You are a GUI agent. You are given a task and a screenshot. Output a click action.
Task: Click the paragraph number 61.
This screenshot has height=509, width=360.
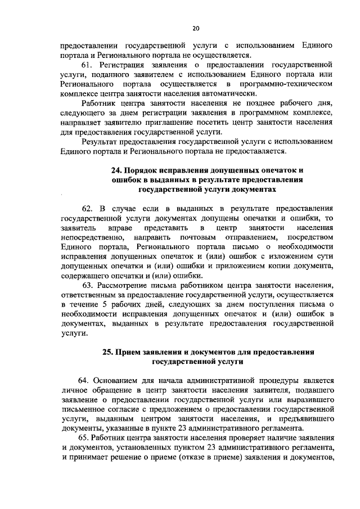click(x=88, y=65)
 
